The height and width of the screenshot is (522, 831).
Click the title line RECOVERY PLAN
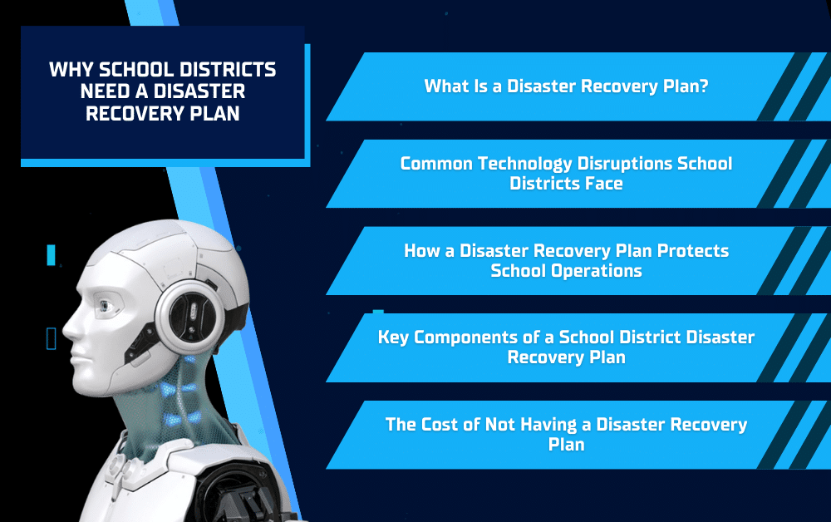point(163,113)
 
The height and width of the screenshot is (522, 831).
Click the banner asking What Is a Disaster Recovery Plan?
point(566,86)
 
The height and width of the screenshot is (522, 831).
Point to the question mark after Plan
point(704,86)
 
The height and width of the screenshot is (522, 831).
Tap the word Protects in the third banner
point(693,250)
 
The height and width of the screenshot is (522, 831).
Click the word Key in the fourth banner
point(393,337)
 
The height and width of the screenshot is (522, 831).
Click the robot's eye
point(105,307)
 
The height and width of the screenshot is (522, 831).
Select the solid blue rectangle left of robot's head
point(51,255)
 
